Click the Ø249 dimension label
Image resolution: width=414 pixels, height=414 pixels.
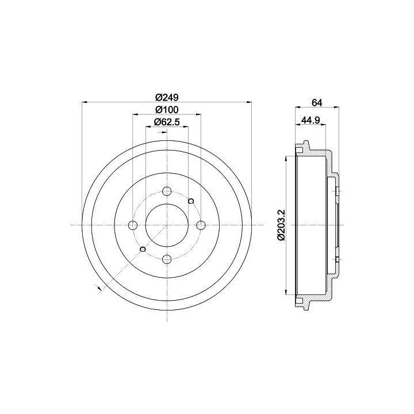(167, 97)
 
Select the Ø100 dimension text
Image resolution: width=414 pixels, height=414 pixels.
(167, 110)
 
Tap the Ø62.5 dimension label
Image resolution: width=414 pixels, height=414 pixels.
(167, 122)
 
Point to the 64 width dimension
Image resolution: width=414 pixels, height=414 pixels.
(317, 103)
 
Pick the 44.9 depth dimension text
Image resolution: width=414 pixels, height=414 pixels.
(310, 120)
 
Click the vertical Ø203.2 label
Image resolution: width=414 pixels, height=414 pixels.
(281, 225)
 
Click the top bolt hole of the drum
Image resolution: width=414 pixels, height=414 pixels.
(167, 191)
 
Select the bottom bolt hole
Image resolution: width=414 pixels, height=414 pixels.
(167, 259)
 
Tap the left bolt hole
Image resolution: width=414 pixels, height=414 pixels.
(133, 225)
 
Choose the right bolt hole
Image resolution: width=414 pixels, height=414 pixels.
(201, 225)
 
